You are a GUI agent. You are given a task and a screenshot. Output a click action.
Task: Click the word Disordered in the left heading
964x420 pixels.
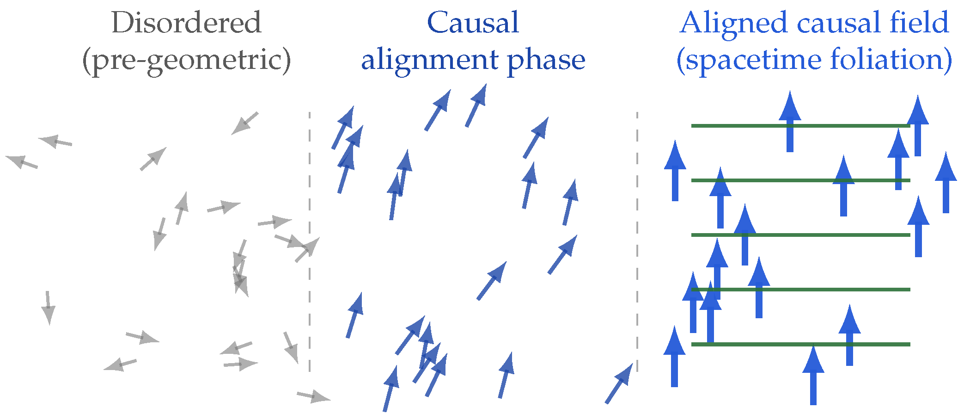tap(186, 23)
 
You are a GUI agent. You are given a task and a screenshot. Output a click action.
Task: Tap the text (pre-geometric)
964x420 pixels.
tap(186, 60)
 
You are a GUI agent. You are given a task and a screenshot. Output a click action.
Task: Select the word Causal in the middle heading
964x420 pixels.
tap(473, 23)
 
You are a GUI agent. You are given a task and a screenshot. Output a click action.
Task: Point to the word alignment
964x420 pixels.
tap(430, 60)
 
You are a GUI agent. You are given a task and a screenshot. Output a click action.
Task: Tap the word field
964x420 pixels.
tap(920, 23)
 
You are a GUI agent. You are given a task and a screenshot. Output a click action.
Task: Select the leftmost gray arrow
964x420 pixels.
tap(21, 162)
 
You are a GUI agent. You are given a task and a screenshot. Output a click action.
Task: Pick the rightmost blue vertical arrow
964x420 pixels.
tap(946, 183)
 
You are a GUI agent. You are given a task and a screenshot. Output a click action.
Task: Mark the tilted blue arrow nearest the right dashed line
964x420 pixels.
tap(619, 383)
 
